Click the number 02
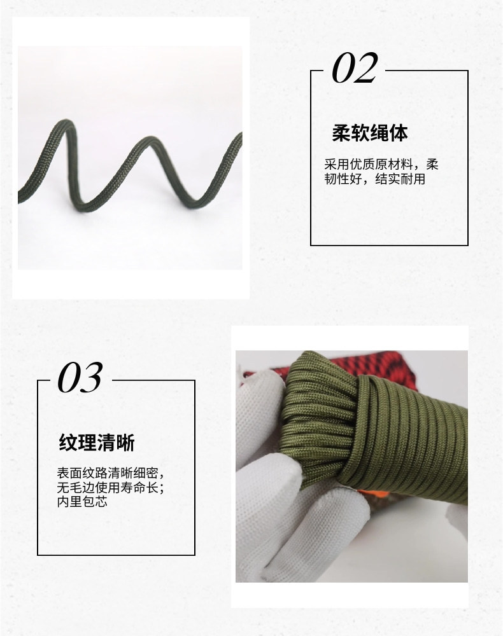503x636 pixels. tap(355, 69)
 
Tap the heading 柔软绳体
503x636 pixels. tap(370, 133)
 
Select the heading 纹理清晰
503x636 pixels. tap(97, 443)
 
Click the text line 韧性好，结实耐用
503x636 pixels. tap(374, 179)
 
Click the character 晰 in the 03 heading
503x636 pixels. tap(125, 443)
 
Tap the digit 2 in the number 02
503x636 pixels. tap(365, 69)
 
